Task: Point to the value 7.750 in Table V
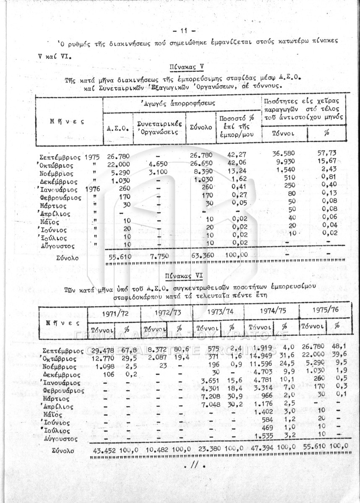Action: (159, 255)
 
